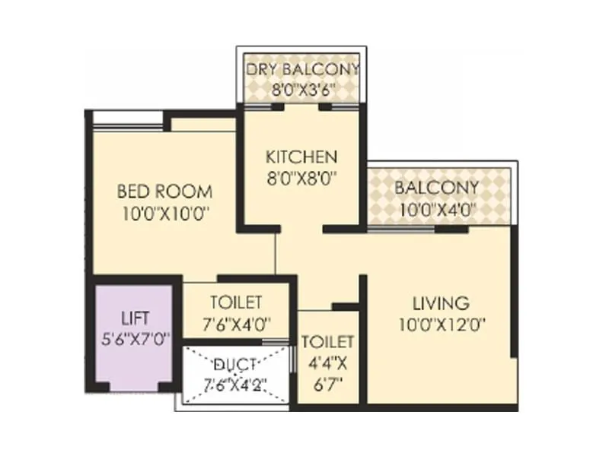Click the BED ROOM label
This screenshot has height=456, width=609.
[164, 190]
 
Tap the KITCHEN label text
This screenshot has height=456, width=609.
[301, 157]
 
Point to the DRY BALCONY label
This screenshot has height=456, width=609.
[302, 70]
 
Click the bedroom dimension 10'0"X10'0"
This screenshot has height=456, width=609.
[164, 214]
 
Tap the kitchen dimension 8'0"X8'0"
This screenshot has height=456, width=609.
[301, 181]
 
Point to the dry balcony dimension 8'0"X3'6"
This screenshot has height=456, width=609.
[302, 89]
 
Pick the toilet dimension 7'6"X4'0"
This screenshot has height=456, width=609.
[237, 323]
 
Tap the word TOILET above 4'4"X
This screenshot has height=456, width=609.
[328, 341]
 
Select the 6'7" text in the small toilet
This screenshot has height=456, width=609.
[328, 383]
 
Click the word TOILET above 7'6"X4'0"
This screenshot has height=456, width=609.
[237, 302]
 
